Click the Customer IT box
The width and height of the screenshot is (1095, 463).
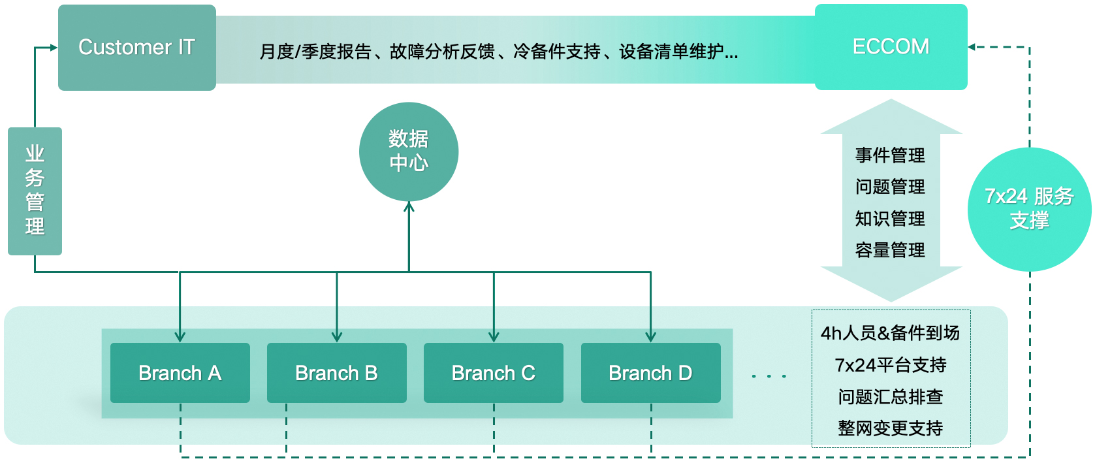137,48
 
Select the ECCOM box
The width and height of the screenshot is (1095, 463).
891,47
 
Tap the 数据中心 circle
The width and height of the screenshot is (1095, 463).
409,152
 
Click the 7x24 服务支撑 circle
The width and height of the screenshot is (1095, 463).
1030,209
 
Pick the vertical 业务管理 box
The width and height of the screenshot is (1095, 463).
35,191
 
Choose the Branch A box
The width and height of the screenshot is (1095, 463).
180,372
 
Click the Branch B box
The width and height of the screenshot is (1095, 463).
337,372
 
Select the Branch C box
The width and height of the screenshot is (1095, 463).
494,372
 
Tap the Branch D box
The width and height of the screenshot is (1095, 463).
650,372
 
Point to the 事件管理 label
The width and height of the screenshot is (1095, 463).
890,155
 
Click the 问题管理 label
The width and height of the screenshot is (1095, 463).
890,187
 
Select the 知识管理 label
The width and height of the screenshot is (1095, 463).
890,219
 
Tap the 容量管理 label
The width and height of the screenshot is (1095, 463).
890,250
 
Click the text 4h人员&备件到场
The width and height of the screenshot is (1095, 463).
890,333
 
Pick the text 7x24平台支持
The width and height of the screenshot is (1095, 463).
890,365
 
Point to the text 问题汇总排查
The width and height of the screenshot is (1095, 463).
890,396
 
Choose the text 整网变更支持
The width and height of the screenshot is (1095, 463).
890,428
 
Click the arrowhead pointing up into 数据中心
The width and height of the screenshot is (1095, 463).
409,206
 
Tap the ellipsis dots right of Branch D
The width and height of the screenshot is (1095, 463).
769,376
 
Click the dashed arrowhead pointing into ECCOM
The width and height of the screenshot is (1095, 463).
972,47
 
